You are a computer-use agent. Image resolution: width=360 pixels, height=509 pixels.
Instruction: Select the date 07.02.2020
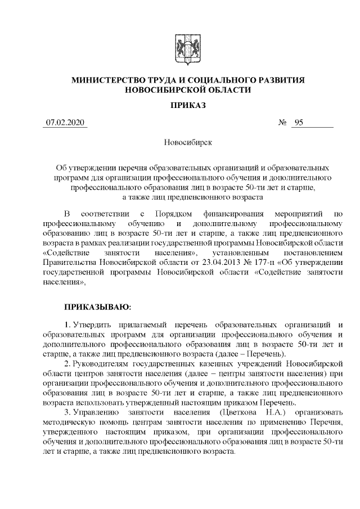64,123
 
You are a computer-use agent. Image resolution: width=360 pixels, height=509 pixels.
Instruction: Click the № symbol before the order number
283,123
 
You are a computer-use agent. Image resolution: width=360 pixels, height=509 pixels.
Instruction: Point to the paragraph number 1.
67,325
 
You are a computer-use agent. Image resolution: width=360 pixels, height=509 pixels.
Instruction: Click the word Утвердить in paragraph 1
92,325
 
